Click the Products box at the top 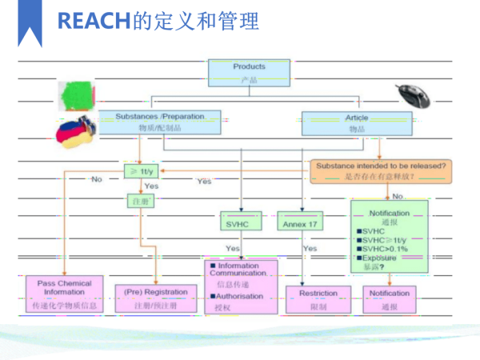click(x=249, y=73)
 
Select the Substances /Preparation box click(x=159, y=122)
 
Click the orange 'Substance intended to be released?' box click(x=381, y=170)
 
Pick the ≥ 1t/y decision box click(x=143, y=170)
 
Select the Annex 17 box click(x=300, y=224)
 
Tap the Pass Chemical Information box click(x=64, y=294)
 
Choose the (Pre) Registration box click(x=156, y=298)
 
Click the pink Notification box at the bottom click(x=390, y=298)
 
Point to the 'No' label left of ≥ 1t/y click(x=97, y=179)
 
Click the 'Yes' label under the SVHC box click(x=233, y=248)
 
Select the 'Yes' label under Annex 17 click(x=310, y=248)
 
